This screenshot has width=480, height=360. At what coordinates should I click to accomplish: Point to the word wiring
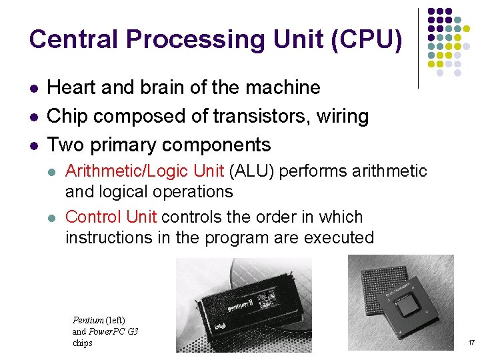pyautogui.click(x=343, y=116)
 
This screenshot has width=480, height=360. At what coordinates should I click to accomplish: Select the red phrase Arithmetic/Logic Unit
pyautogui.click(x=145, y=171)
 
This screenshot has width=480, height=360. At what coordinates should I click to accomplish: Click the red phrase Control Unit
pyautogui.click(x=111, y=217)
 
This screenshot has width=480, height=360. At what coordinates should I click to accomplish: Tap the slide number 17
pyautogui.click(x=471, y=343)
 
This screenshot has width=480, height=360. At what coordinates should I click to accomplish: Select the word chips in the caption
pyautogui.click(x=83, y=343)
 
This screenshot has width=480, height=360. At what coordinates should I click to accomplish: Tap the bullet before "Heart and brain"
pyautogui.click(x=33, y=88)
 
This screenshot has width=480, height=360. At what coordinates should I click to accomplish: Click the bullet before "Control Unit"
pyautogui.click(x=53, y=217)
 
